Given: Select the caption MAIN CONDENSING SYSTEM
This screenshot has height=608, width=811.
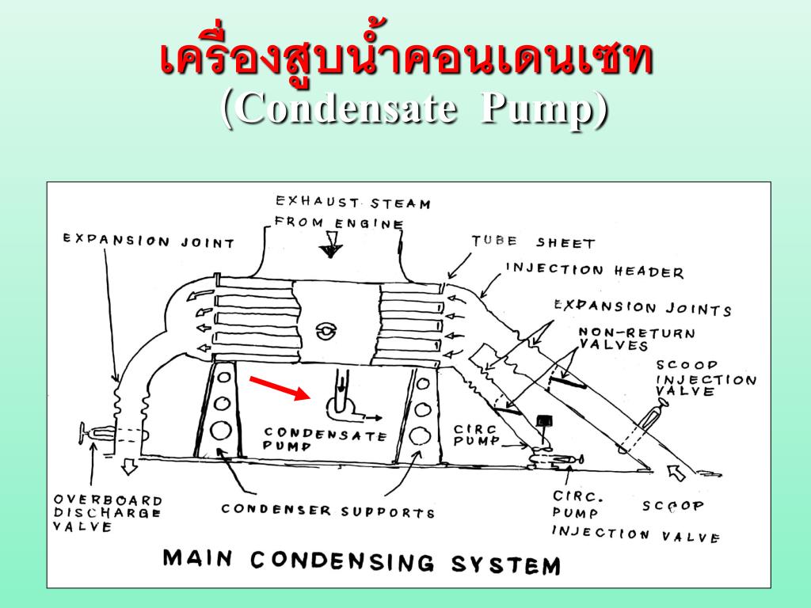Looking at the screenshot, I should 361,561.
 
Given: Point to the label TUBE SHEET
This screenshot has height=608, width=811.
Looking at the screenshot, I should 532,241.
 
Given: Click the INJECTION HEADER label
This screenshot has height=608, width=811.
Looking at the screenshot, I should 594,271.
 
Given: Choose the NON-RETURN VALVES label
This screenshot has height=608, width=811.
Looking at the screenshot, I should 636,339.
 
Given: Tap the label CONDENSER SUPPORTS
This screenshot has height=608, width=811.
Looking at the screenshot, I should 328,510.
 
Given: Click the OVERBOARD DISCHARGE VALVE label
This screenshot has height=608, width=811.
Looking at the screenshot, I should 107,514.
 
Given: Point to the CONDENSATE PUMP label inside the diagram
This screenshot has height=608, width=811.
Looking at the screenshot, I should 325,438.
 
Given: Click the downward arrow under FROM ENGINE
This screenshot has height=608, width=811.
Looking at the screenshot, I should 326,251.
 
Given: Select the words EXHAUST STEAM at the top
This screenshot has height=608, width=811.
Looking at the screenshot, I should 352,203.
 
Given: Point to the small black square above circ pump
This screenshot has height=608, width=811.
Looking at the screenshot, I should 544,420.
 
